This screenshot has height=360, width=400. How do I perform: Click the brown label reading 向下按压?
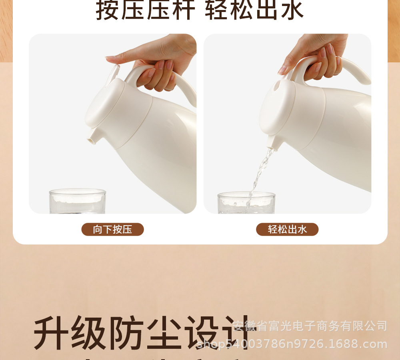tap(112, 229)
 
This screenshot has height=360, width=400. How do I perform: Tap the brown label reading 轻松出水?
tap(287, 229)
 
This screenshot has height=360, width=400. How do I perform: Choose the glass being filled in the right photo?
tap(246, 203)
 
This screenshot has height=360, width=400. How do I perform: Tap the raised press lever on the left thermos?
tap(114, 72)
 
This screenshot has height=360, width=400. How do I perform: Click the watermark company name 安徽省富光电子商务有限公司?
tap(310, 326)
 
